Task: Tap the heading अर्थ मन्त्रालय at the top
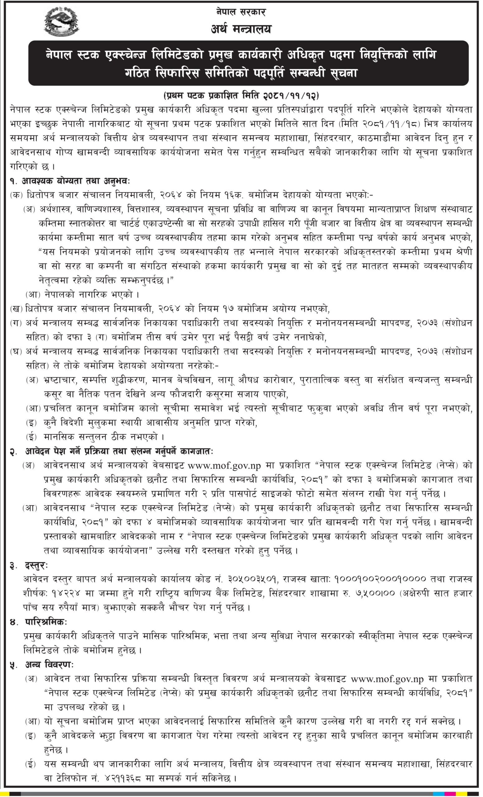click(241, 29)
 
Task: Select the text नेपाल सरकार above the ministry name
click(241, 12)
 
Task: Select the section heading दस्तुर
click(36, 566)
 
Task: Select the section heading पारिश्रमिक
click(46, 622)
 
